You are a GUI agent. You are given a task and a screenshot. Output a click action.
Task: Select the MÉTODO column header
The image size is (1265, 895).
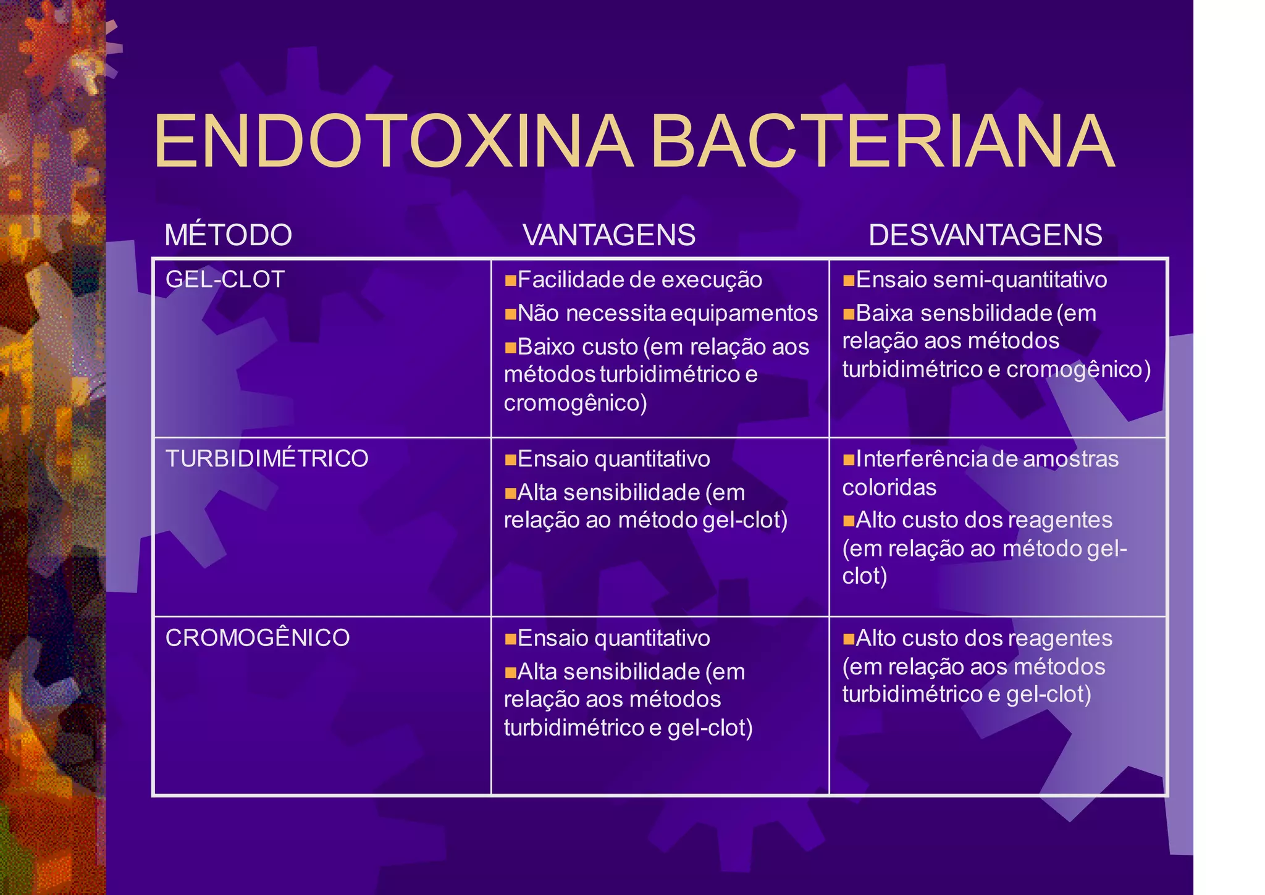click(x=228, y=235)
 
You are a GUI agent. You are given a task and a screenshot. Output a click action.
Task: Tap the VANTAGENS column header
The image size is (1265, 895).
click(x=609, y=235)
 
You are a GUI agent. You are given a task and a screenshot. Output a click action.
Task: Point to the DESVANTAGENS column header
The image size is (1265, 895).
click(x=985, y=235)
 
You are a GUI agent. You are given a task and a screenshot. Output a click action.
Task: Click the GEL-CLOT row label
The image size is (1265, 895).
click(x=225, y=279)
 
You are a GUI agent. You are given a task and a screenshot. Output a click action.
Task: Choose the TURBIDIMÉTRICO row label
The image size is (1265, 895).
click(x=267, y=458)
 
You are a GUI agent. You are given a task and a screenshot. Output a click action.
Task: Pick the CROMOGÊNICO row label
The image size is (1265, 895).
click(x=258, y=637)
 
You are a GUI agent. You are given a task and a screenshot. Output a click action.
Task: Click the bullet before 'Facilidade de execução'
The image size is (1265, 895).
click(x=510, y=281)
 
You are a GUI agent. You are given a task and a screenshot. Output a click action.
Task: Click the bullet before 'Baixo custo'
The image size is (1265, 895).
click(x=510, y=348)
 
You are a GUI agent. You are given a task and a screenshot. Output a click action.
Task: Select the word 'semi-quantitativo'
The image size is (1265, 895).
click(x=1020, y=280)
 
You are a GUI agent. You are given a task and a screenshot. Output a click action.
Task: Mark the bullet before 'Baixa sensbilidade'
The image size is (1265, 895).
click(x=849, y=314)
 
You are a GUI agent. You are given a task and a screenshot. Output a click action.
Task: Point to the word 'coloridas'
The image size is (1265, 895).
click(x=889, y=487)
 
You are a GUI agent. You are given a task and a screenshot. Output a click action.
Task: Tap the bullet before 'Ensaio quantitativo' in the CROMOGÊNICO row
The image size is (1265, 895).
click(x=510, y=639)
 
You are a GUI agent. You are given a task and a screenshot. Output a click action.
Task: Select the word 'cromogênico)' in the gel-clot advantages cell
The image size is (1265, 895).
click(x=575, y=403)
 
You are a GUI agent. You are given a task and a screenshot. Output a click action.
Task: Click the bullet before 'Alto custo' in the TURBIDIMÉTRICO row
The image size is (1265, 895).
click(x=849, y=521)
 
